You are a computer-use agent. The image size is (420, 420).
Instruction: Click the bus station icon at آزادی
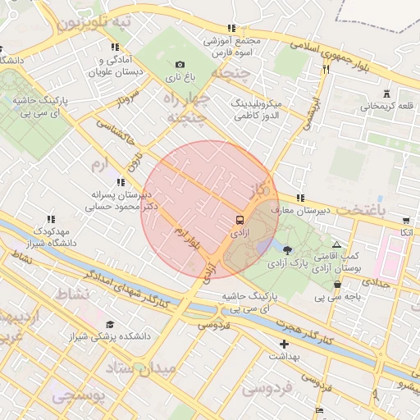240,220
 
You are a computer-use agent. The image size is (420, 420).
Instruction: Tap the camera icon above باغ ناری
180,65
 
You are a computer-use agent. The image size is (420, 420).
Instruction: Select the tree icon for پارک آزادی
286,249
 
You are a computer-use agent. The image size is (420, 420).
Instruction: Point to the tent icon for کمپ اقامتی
336,244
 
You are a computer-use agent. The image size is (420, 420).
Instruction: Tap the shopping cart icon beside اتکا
406,220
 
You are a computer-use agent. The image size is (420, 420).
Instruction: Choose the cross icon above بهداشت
284,344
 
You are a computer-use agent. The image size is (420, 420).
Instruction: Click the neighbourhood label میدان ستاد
148,369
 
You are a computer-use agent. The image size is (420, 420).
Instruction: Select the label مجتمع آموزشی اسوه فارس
235,46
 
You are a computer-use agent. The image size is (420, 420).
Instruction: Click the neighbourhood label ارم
99,165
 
